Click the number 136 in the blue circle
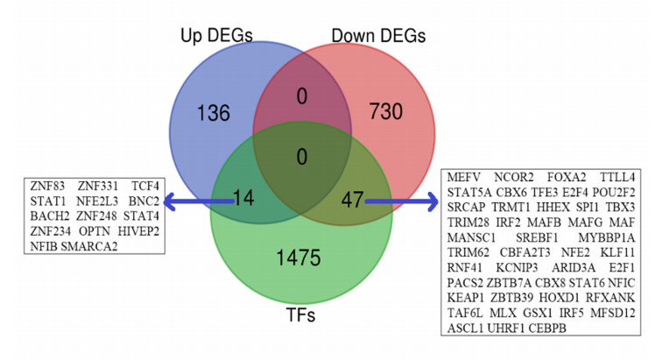point(214,114)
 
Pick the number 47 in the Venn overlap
point(352,201)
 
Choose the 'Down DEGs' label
point(379,36)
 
